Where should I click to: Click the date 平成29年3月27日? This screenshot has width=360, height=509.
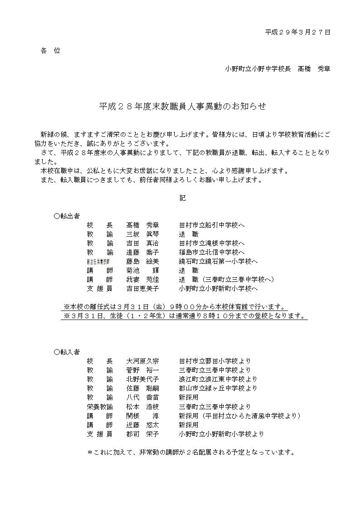coord(297,32)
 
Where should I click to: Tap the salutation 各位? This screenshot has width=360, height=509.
coord(50,51)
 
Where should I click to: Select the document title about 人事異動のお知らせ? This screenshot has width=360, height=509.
coord(182,107)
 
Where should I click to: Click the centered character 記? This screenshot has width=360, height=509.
coord(182,198)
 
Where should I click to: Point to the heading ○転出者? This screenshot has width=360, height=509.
coord(67,215)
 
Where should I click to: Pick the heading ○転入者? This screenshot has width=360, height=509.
coord(67,352)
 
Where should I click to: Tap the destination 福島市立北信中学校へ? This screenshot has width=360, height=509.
coord(212,252)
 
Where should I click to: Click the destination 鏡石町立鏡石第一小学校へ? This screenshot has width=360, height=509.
coord(219,261)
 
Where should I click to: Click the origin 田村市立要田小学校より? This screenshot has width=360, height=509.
coord(215,361)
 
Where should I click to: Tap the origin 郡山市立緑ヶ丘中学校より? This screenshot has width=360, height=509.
coord(218,388)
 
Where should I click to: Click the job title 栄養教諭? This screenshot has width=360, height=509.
coord(100,407)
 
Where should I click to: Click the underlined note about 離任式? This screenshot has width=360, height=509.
coord(175,306)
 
